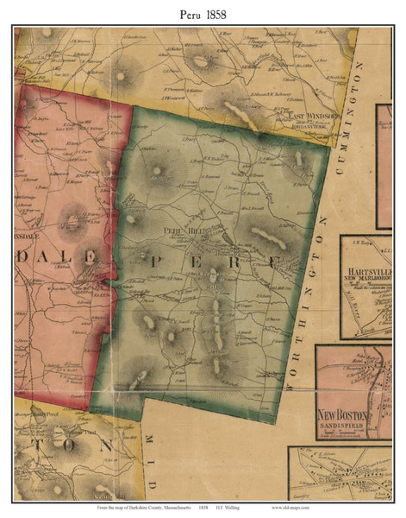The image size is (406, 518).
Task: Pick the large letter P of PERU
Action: [x=153, y=259]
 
